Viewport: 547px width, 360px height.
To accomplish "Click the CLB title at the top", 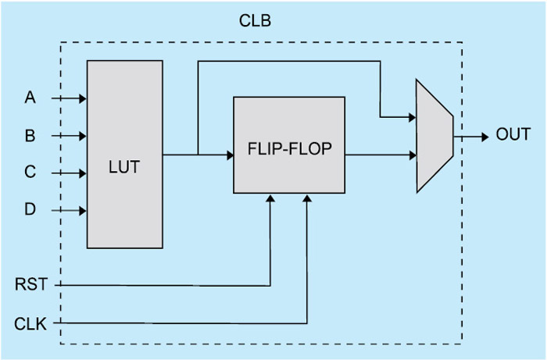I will point(256,20).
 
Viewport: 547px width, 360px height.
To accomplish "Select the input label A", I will point(30,98).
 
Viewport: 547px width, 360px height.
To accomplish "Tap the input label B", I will point(30,136).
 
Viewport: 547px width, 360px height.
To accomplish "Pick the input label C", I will point(30,173).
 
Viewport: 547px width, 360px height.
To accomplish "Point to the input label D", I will point(30,209).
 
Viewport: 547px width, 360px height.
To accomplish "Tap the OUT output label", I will point(513,134).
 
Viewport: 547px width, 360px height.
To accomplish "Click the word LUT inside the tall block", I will point(124,166).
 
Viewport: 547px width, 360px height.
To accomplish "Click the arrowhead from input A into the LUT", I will point(82,98).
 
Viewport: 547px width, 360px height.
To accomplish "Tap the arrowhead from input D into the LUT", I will point(82,210).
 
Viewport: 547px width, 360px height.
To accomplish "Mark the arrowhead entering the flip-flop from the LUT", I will point(230,155).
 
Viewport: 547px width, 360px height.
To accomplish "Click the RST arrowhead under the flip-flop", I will point(270,198).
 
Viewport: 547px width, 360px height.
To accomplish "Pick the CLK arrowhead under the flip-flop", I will point(307,198).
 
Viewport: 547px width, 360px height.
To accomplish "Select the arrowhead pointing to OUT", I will point(485,135).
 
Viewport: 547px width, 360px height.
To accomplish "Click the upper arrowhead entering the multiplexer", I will point(412,118).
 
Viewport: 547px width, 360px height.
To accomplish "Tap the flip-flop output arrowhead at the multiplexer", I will point(412,155).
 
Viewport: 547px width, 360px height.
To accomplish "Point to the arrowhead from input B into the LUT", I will point(82,136).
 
